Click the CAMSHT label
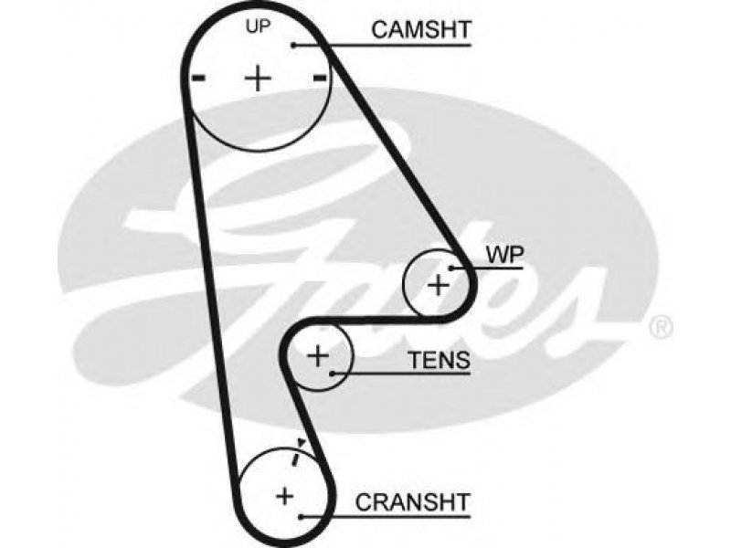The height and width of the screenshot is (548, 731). pos(421,30)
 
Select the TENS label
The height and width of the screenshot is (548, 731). pos(440,360)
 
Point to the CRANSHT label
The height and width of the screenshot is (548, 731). pos(412,502)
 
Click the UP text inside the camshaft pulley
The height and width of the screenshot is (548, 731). pos(258,26)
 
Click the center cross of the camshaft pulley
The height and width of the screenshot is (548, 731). pos(258,78)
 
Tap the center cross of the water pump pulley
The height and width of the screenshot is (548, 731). pos(439,285)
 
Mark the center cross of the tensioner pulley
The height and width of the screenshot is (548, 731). pos(318,356)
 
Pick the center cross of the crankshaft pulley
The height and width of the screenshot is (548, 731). pos(284,496)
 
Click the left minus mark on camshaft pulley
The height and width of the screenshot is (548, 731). pos(198,78)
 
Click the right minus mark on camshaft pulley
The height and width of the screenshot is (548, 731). pos(319,78)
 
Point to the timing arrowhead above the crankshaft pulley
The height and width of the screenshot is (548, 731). pos(302,442)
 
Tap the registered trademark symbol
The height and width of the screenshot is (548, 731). pos(661,327)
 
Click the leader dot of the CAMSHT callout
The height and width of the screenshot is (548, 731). pos(293,45)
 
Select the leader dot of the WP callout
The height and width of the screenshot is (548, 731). pos(451,268)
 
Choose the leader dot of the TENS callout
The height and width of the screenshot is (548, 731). pos(332,374)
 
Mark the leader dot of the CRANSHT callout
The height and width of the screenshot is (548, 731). pos(302,517)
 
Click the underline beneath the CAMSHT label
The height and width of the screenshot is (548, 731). pos(383,45)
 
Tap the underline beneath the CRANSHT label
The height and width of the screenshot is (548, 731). pos(386,517)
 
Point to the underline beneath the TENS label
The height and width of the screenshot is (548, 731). pos(401,374)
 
